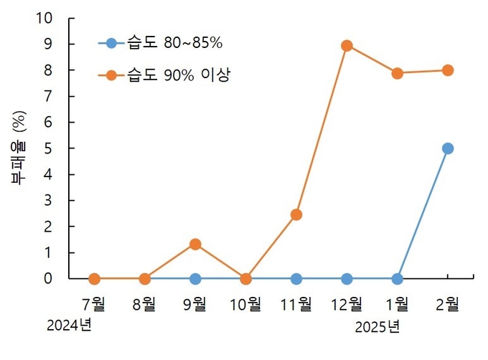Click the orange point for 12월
pos(347,45)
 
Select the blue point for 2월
pos(448,148)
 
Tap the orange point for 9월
pos(195,244)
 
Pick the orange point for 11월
pos(296,214)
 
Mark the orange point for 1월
pos(397,73)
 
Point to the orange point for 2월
pos(448,70)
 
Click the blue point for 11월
pos(296,278)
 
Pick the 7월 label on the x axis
pos(94,303)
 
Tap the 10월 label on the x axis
pos(245,303)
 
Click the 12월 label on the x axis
pos(347,303)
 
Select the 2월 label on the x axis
pos(448,303)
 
